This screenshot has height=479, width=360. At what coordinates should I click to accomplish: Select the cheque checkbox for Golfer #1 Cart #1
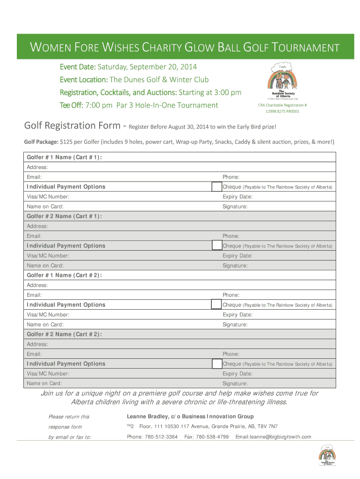[x=216, y=187]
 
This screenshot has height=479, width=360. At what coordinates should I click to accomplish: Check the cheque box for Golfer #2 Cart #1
[x=216, y=246]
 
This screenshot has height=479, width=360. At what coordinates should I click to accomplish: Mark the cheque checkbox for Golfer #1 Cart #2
[x=216, y=305]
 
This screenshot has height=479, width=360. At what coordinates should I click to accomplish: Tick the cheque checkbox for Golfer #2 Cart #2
[x=216, y=363]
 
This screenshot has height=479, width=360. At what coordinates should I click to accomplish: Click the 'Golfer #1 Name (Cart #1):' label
[x=64, y=157]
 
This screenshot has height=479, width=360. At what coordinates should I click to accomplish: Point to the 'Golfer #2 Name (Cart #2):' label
[x=64, y=334]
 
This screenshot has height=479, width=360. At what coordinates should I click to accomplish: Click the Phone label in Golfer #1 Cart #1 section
[x=231, y=177]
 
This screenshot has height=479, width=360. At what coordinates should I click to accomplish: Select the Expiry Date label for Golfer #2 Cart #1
[x=238, y=256]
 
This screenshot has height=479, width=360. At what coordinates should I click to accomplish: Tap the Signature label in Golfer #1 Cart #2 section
[x=235, y=325]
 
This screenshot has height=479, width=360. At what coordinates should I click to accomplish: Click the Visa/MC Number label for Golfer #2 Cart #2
[x=48, y=374]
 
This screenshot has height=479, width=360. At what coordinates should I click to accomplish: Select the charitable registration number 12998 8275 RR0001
[x=282, y=111]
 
